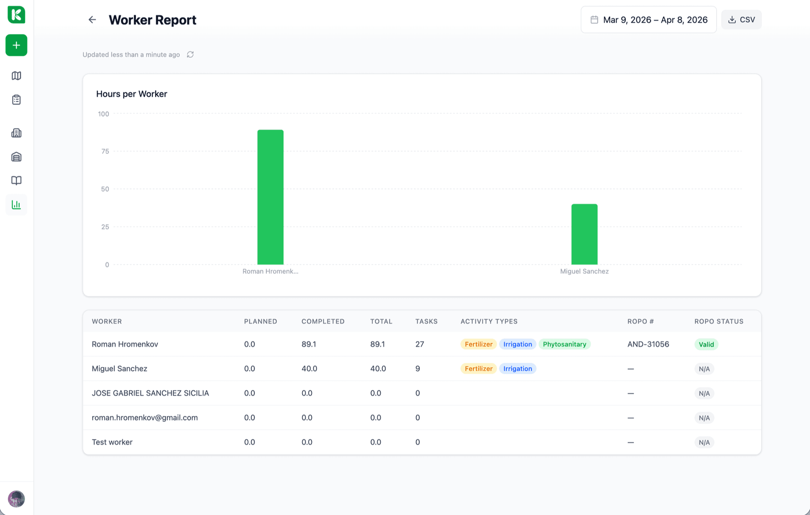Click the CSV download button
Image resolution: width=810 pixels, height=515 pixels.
741,20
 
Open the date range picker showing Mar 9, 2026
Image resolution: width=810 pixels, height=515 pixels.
648,20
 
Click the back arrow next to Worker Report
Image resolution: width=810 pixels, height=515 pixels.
92,20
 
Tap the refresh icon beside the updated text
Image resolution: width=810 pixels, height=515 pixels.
190,54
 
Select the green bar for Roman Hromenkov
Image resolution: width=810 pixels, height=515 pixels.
270,197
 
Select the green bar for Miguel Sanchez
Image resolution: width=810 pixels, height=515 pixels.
584,234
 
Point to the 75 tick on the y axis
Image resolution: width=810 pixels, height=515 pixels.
105,151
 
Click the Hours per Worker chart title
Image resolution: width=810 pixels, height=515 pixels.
132,94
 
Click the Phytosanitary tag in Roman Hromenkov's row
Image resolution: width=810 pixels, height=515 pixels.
564,344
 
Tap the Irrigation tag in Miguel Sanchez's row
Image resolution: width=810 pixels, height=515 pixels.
518,369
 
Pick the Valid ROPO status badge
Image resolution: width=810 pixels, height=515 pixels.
706,344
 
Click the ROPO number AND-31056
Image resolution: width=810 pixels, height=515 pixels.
648,344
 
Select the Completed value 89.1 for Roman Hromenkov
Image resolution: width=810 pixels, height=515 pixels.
309,344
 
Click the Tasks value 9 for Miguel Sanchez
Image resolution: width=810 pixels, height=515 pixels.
418,369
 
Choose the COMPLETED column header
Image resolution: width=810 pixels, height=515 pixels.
323,321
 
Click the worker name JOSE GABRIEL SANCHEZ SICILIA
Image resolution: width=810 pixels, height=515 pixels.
150,393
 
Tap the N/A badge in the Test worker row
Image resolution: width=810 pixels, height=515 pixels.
704,442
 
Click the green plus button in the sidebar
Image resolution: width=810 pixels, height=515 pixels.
16,45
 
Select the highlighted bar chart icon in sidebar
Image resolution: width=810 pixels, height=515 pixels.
16,205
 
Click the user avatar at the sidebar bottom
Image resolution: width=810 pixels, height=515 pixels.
16,499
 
